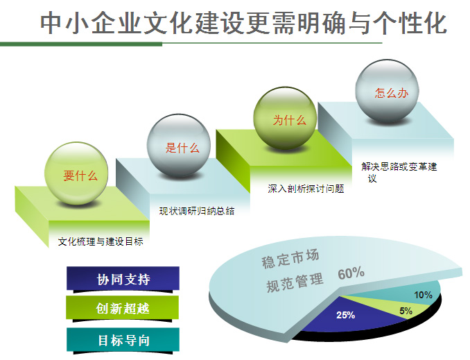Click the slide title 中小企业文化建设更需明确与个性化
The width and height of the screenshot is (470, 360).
pyautogui.click(x=243, y=23)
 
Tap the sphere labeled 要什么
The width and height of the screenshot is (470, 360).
pyautogui.click(x=76, y=173)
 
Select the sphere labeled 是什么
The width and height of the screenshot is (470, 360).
pyautogui.click(x=179, y=145)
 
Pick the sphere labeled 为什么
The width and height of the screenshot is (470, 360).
pyautogui.click(x=285, y=118)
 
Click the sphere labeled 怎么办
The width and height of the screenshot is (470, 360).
pyautogui.click(x=387, y=91)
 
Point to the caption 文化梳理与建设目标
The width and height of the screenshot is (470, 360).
pyautogui.click(x=101, y=241)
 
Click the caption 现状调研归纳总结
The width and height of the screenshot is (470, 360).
pyautogui.click(x=197, y=211)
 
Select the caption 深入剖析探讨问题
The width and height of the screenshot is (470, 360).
pyautogui.click(x=306, y=189)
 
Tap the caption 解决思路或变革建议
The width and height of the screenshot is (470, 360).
pyautogui.click(x=399, y=172)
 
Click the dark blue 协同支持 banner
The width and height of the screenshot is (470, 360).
pyautogui.click(x=123, y=279)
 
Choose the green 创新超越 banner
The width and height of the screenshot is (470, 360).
pyautogui.click(x=122, y=308)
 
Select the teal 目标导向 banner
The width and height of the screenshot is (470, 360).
pyautogui.click(x=123, y=340)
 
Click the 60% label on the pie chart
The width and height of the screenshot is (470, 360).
pyautogui.click(x=351, y=273)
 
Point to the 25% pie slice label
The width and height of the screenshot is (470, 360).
pyautogui.click(x=345, y=315)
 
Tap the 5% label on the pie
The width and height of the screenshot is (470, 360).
pyautogui.click(x=406, y=311)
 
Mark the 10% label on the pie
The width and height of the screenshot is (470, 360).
pyautogui.click(x=423, y=295)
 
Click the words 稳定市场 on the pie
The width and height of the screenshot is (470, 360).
pyautogui.click(x=290, y=259)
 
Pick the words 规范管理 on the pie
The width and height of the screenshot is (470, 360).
pyautogui.click(x=295, y=282)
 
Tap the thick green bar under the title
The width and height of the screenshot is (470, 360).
pyautogui.click(x=81, y=44)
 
